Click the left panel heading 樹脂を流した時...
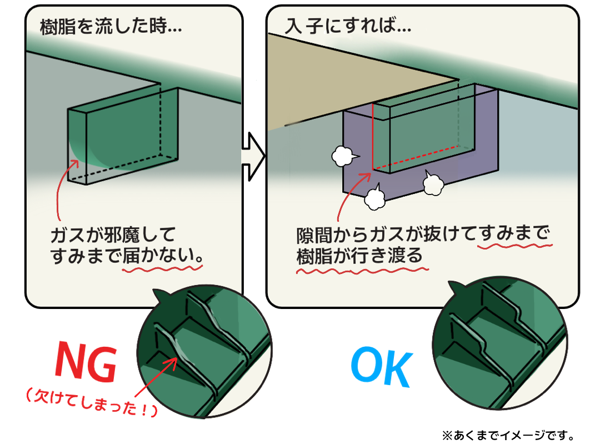click(x=111, y=27)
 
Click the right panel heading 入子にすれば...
click(x=348, y=26)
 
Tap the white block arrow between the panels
click(x=253, y=157)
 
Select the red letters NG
click(x=86, y=361)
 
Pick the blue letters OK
click(x=382, y=367)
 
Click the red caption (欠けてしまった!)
click(x=92, y=402)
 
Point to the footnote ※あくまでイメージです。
click(x=508, y=435)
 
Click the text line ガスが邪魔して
click(x=113, y=235)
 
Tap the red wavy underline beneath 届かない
click(x=162, y=269)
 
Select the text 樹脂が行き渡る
click(x=359, y=256)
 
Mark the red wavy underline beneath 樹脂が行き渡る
click(x=362, y=271)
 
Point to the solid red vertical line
click(x=373, y=136)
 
